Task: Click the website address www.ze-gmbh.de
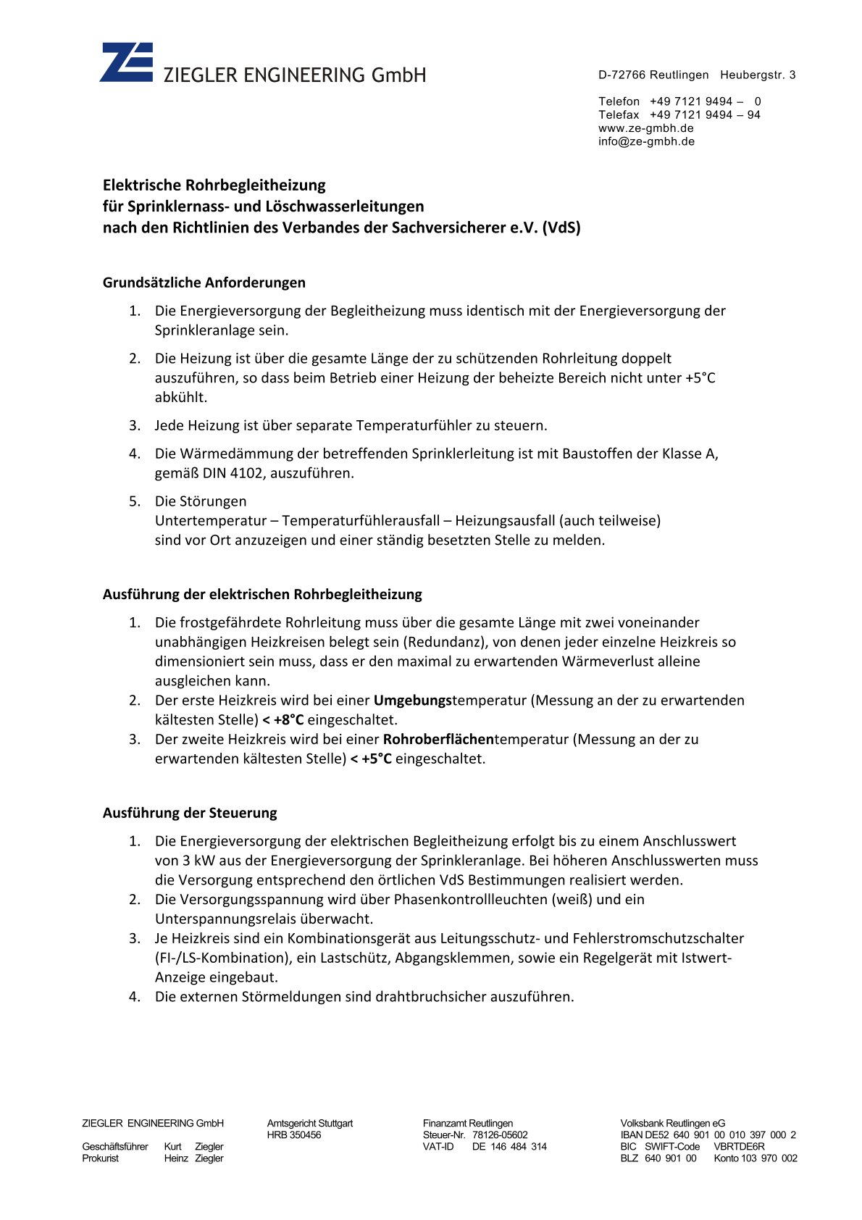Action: click(645, 128)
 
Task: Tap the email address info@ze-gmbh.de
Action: click(646, 141)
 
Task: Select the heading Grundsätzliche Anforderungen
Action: click(204, 283)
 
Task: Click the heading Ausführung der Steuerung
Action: click(190, 813)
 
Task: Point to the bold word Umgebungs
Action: click(412, 701)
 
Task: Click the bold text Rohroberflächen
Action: click(438, 740)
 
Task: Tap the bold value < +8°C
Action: click(283, 720)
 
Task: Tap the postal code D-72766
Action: click(622, 75)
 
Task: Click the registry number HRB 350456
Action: click(293, 1135)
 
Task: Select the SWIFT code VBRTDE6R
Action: click(739, 1147)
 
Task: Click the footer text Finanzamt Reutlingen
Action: click(467, 1124)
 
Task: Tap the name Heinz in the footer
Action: click(176, 1158)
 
